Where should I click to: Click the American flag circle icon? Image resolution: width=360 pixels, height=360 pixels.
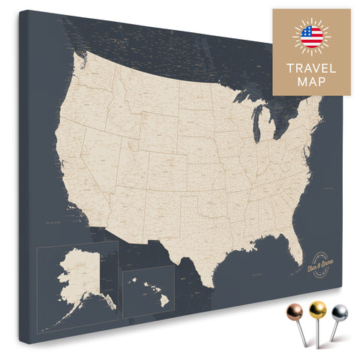coord(311,35)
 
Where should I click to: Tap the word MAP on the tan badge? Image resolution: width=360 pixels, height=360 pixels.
coord(311,82)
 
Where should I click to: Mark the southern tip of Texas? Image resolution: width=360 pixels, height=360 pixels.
coord(208,284)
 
